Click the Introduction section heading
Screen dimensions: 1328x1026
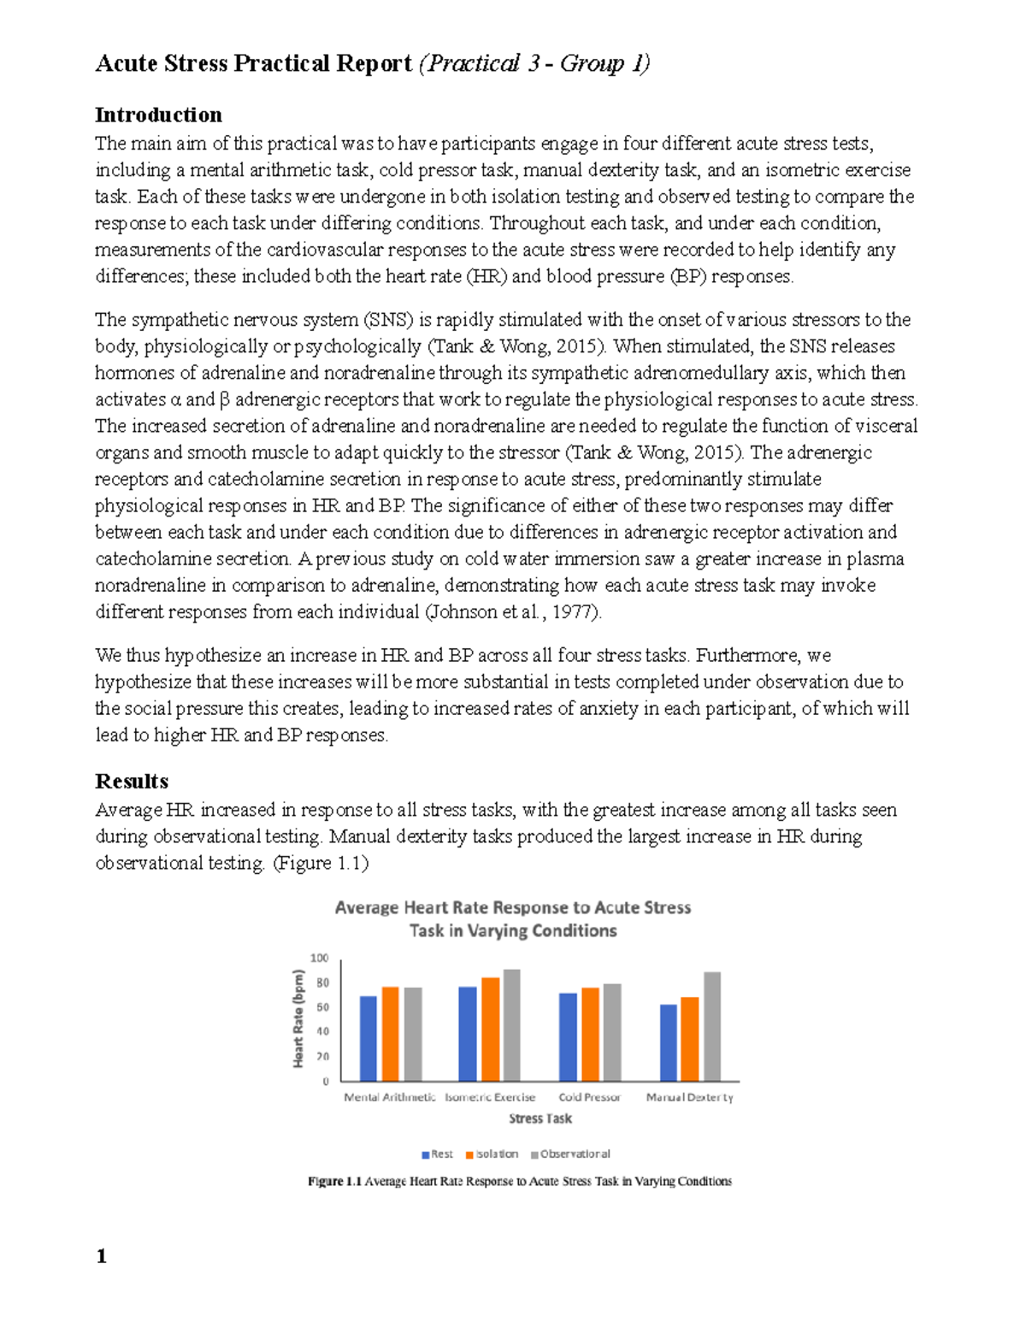pyautogui.click(x=158, y=115)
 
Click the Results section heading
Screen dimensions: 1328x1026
pyautogui.click(x=132, y=781)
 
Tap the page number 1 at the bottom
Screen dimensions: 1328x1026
pyautogui.click(x=102, y=1255)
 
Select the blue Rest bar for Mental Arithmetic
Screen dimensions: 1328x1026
pyautogui.click(x=369, y=1038)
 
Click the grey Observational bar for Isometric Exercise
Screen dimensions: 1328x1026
pyautogui.click(x=511, y=1025)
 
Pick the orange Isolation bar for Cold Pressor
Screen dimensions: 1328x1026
pyautogui.click(x=590, y=1034)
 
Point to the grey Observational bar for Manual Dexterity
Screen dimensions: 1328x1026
pyautogui.click(x=712, y=1026)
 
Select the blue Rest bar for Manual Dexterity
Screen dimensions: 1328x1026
pyautogui.click(x=669, y=1042)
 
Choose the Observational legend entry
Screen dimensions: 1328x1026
pyautogui.click(x=570, y=1154)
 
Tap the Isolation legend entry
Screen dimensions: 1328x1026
pyautogui.click(x=492, y=1154)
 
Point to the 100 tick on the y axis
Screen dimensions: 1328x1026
pyautogui.click(x=320, y=958)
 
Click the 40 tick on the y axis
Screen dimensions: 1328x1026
pyautogui.click(x=322, y=1031)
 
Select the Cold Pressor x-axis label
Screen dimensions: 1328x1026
pyautogui.click(x=589, y=1097)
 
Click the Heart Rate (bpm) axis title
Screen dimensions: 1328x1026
pyautogui.click(x=298, y=1018)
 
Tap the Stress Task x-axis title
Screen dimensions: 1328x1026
pyautogui.click(x=540, y=1118)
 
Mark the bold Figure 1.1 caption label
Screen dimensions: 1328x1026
pyautogui.click(x=335, y=1182)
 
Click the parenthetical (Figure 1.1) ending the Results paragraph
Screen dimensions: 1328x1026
pyautogui.click(x=321, y=863)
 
